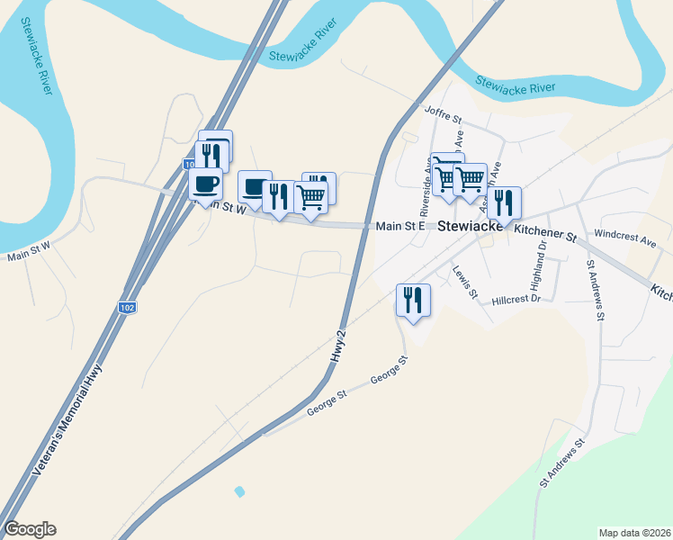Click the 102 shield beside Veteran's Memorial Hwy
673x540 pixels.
click(x=127, y=308)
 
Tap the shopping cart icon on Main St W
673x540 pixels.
click(x=310, y=195)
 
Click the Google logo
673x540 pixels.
click(x=30, y=529)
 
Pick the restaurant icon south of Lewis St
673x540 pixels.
click(x=414, y=299)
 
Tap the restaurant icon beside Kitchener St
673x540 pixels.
click(x=504, y=202)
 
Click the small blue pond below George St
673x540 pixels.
click(x=238, y=491)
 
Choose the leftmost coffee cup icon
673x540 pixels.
click(x=206, y=184)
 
